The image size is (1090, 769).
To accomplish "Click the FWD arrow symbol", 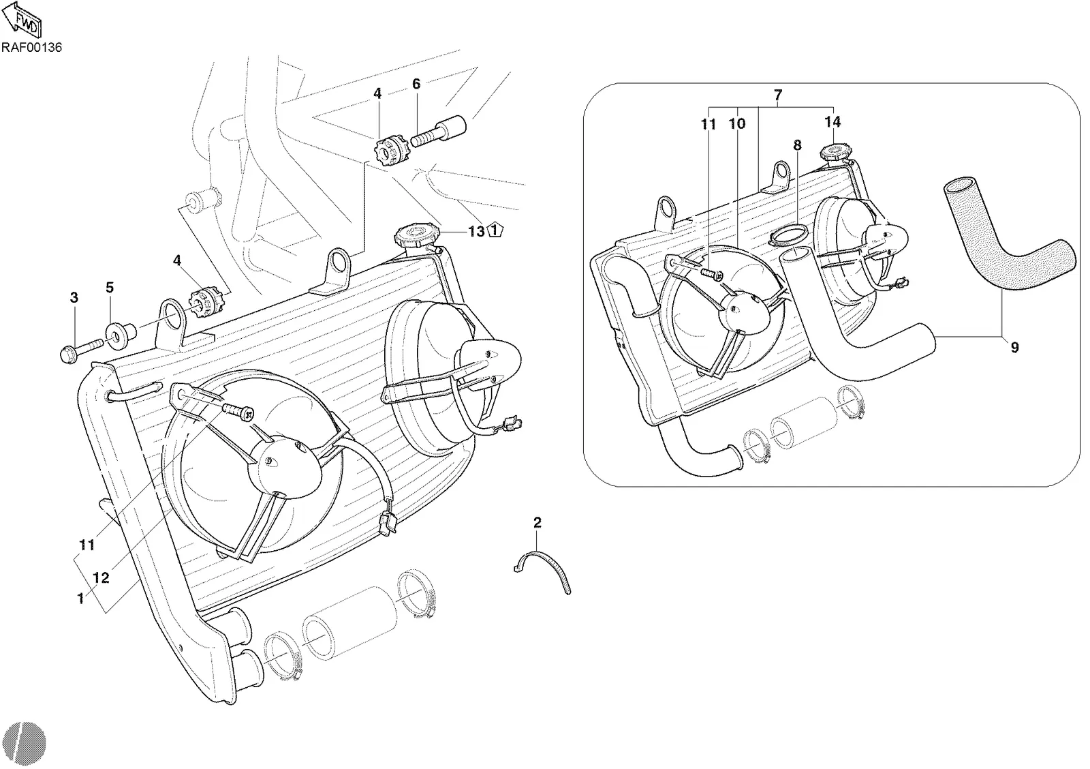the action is pyautogui.click(x=22, y=20).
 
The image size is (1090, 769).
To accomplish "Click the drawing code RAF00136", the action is pyautogui.click(x=31, y=47).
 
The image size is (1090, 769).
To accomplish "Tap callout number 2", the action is pyautogui.click(x=538, y=523).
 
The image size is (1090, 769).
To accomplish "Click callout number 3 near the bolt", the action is pyautogui.click(x=74, y=297).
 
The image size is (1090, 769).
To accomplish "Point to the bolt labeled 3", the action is pyautogui.click(x=81, y=351).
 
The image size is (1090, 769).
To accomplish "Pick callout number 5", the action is pyautogui.click(x=110, y=287).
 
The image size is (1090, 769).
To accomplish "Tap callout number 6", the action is pyautogui.click(x=416, y=84).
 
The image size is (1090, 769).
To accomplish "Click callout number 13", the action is pyautogui.click(x=476, y=231).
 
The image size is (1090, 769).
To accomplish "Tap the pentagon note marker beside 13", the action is pyautogui.click(x=495, y=230).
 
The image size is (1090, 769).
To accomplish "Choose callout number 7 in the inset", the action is pyautogui.click(x=777, y=95).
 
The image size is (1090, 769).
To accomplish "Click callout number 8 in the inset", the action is pyautogui.click(x=797, y=145).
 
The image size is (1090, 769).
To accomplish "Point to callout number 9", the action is pyautogui.click(x=1014, y=347).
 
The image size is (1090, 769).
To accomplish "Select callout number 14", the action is pyautogui.click(x=832, y=121).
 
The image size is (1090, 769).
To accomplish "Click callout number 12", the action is pyautogui.click(x=101, y=578).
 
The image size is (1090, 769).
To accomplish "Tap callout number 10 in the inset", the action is pyautogui.click(x=737, y=123).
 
